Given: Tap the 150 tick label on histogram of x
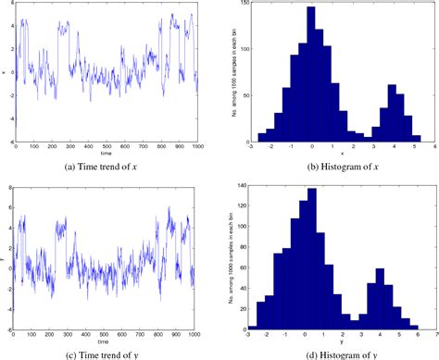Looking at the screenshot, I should (x=241, y=6).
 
